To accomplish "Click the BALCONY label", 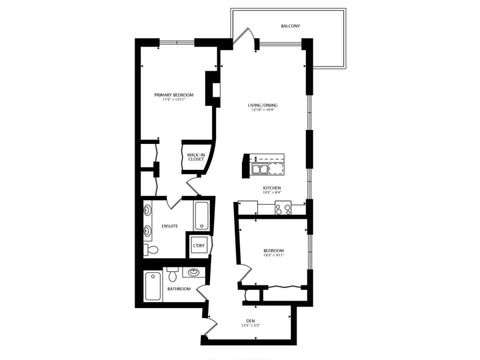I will pyautogui.click(x=290, y=26).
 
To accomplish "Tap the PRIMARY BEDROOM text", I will pyautogui.click(x=174, y=95).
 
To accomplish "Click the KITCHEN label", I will pyautogui.click(x=272, y=187).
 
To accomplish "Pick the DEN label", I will pyautogui.click(x=250, y=320).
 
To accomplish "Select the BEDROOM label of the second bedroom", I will pyautogui.click(x=274, y=250).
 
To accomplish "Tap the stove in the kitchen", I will pyautogui.click(x=283, y=209).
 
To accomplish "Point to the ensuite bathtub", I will pyautogui.click(x=200, y=216).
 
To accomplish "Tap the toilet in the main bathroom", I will pyautogui.click(x=173, y=273).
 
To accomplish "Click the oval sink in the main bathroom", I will pyautogui.click(x=193, y=272).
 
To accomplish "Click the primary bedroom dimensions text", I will pyautogui.click(x=174, y=101).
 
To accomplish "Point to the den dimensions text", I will pyautogui.click(x=250, y=325).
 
